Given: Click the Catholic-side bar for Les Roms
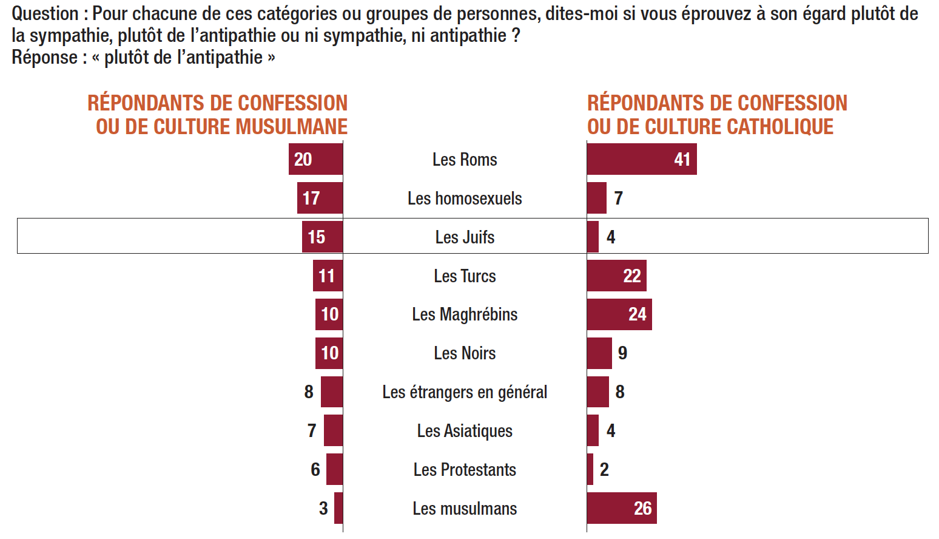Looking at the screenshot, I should pos(641,159).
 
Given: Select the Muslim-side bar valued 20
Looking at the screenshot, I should pos(316,159).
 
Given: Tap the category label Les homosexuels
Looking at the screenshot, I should pos(465,198).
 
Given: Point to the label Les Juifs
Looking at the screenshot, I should pos(465,237).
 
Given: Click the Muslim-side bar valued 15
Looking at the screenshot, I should pos(323,237).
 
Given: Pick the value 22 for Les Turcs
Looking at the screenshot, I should pos(632,276).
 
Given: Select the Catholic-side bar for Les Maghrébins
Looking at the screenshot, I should pos(619,314).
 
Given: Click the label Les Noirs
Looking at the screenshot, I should pos(465,353).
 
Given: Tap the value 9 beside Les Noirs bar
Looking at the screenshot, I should pos(622,353).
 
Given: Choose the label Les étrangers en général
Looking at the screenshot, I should pos(465,392).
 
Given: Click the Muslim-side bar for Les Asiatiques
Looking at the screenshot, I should pos(334,430).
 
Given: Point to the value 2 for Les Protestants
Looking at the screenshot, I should pos(604,469).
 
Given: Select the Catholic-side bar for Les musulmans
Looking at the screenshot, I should pos(621,508).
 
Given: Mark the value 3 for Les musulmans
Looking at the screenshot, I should pos(323,508).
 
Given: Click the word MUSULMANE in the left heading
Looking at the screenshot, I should pos(291,127).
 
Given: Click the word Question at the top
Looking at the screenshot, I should pos(45,13).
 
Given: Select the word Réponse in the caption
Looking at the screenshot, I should pos(44,58).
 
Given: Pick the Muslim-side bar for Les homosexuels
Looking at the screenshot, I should pos(320,198).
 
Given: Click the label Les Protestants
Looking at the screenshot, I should pos(465,470).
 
